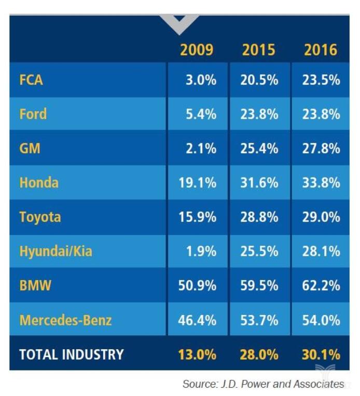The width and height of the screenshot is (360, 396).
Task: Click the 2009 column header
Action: (x=197, y=50)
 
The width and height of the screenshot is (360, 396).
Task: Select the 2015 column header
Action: (x=259, y=50)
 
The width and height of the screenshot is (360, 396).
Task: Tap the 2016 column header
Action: (x=321, y=50)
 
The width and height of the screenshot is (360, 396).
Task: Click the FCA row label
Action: (x=31, y=80)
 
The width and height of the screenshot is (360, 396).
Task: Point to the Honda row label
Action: (x=39, y=183)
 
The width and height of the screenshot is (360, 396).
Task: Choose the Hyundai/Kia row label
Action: (x=56, y=251)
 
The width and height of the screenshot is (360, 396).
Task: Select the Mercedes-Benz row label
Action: (x=65, y=320)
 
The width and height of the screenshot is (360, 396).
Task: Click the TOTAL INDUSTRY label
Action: (x=72, y=354)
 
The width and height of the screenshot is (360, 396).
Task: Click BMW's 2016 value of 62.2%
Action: (x=321, y=285)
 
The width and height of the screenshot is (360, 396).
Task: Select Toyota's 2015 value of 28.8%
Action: (x=259, y=217)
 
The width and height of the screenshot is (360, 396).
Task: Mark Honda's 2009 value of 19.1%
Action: (x=197, y=183)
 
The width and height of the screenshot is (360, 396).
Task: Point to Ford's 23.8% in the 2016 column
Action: (x=321, y=114)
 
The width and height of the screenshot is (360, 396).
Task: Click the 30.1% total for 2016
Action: (x=321, y=354)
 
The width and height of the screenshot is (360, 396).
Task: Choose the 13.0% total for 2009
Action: (x=197, y=354)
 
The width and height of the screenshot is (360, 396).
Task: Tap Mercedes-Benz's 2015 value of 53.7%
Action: (x=259, y=320)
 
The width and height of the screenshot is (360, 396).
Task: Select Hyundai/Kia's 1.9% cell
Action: (x=201, y=251)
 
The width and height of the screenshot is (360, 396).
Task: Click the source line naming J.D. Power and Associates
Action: (x=263, y=384)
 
